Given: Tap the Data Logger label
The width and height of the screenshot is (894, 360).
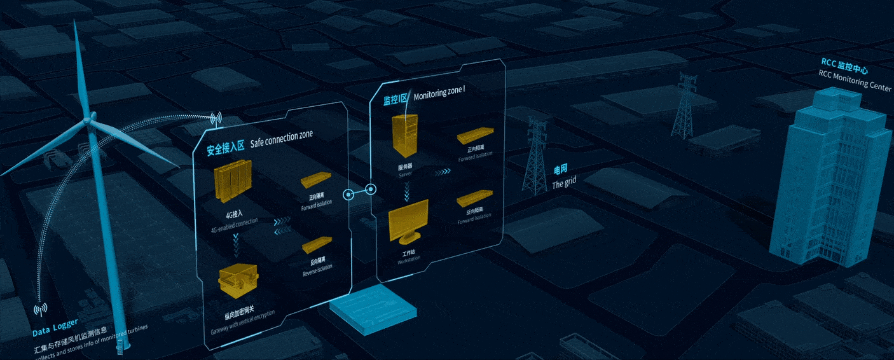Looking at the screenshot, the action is tap(55, 332).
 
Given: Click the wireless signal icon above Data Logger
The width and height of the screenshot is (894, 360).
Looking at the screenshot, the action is tap(40, 310).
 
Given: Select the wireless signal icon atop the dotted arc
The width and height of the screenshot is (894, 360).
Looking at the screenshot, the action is tap(216, 118).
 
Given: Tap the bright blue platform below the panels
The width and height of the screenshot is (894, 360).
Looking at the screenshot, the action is tap(373, 307).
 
